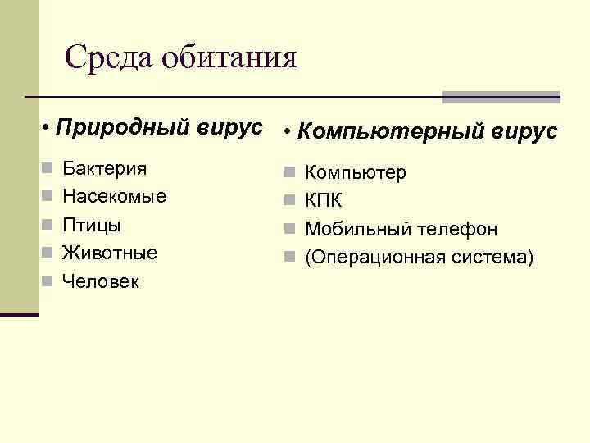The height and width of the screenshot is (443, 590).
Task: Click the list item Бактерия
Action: (105, 169)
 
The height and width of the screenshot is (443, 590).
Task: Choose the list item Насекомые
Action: (114, 197)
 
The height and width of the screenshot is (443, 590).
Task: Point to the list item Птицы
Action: (91, 225)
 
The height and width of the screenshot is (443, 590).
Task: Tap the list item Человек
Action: (102, 281)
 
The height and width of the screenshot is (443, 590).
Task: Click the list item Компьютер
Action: (355, 173)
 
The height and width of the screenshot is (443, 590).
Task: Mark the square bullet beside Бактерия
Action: (48, 170)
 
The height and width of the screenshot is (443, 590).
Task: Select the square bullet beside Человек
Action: (48, 282)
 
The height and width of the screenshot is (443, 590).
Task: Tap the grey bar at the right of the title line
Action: (501, 96)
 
